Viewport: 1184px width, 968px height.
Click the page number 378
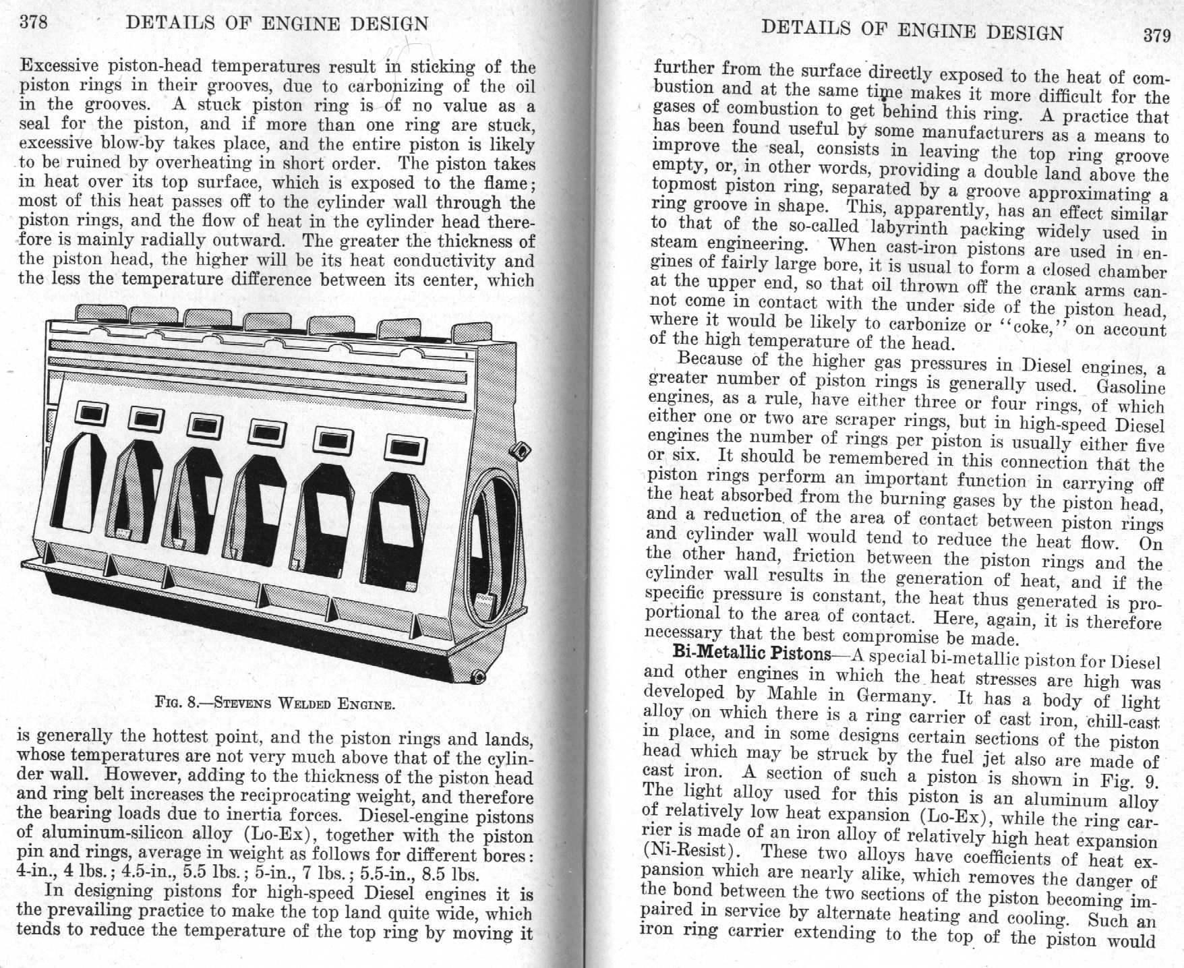point(34,22)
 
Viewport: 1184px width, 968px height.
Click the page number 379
point(1156,36)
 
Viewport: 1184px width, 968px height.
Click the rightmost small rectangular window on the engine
point(401,448)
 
